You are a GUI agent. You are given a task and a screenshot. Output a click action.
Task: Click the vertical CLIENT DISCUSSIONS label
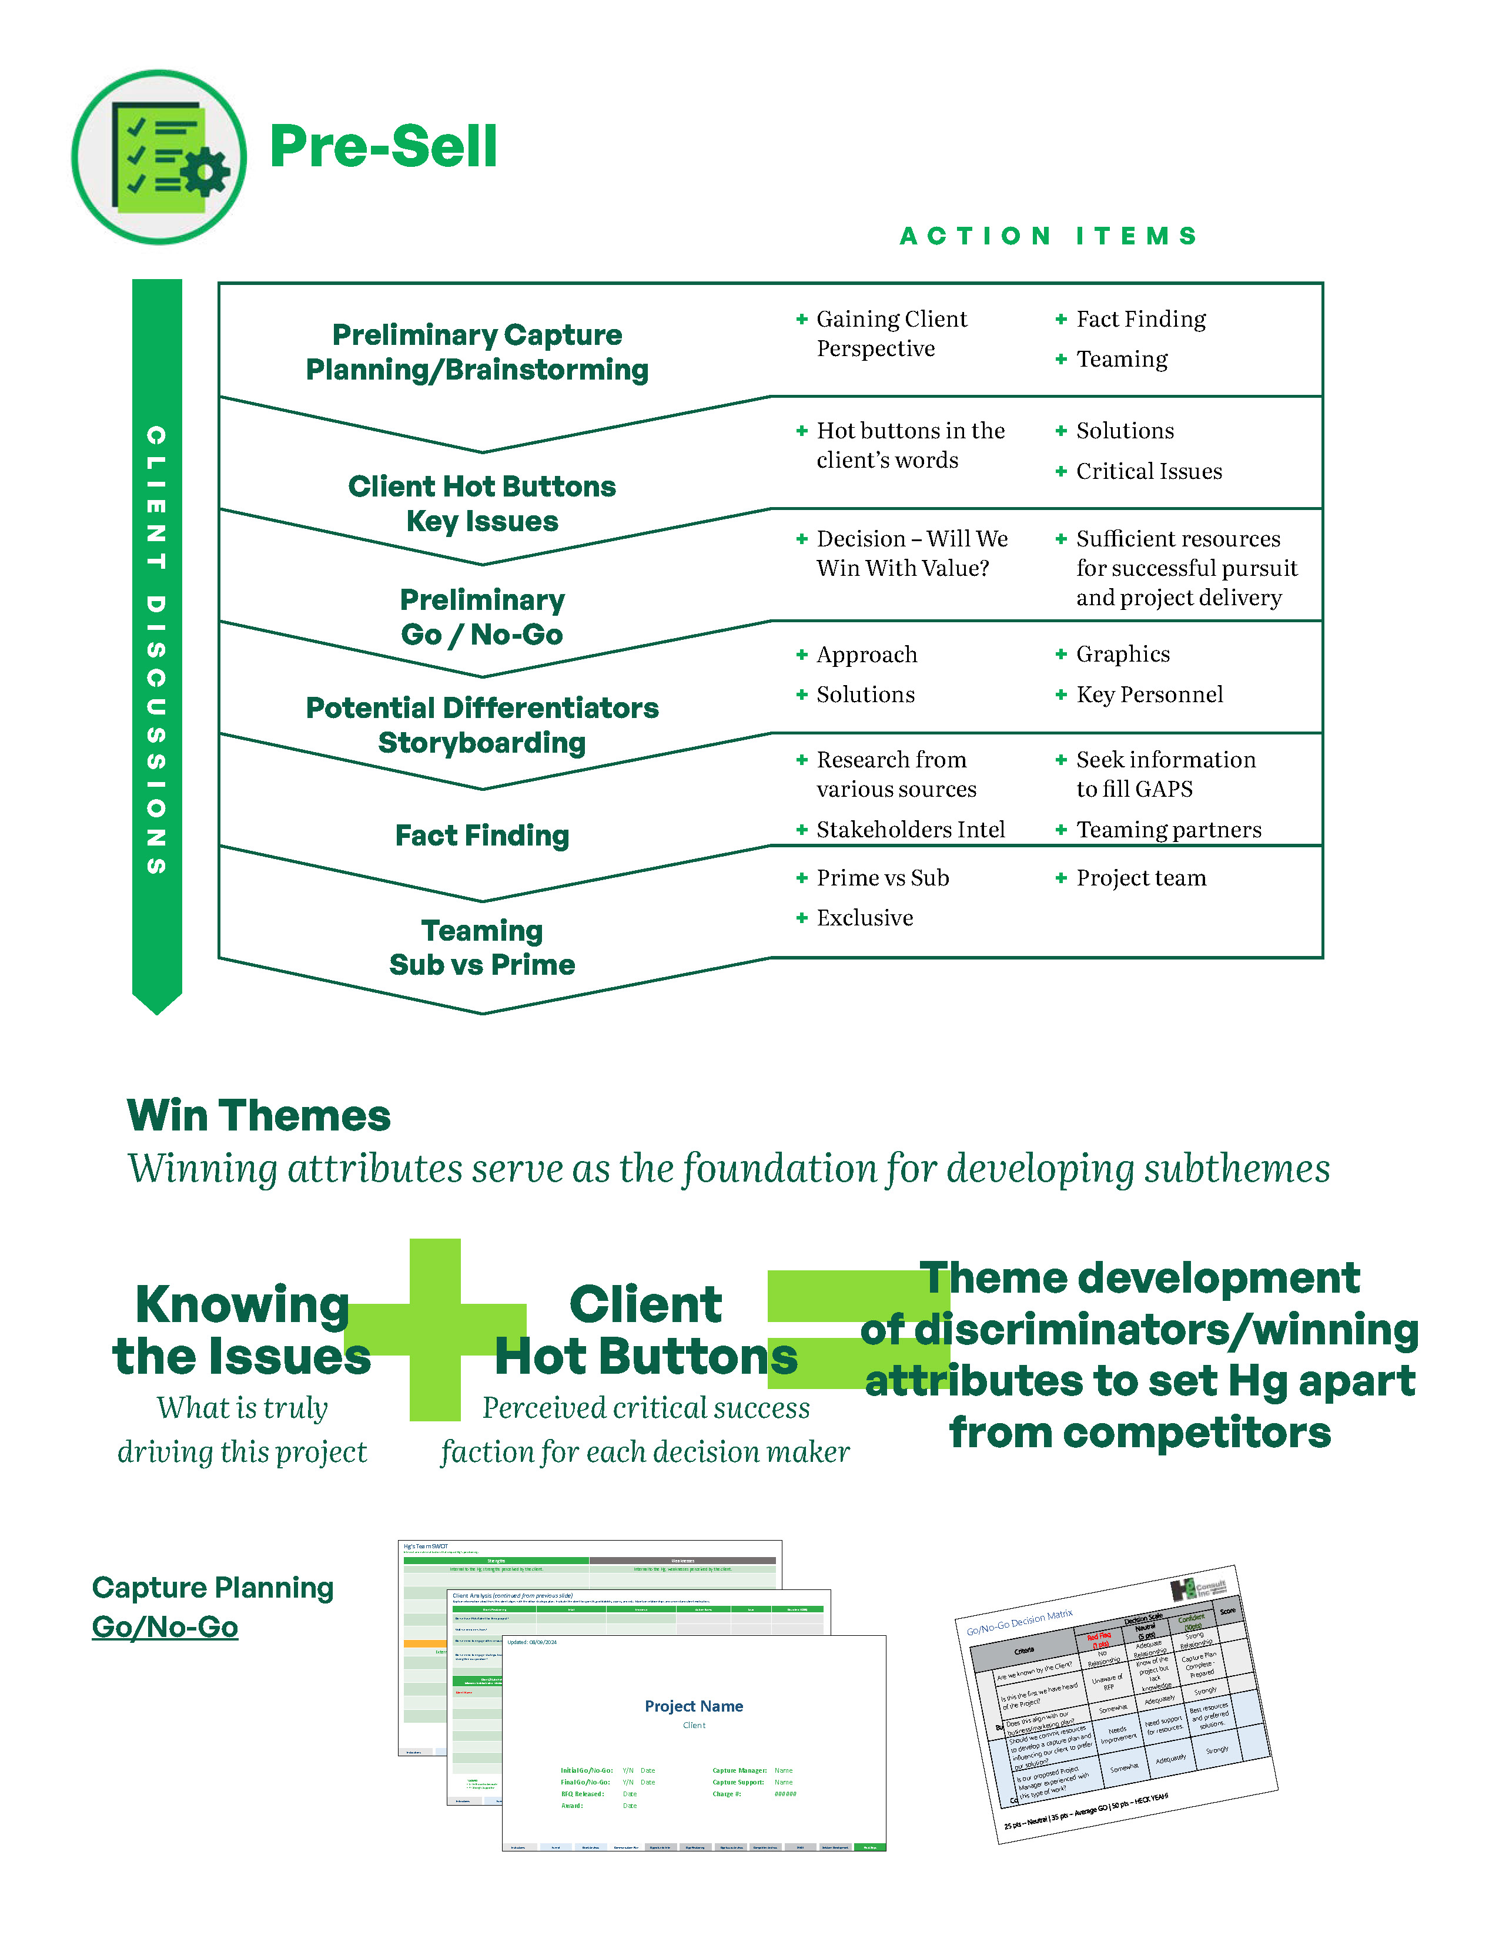157,650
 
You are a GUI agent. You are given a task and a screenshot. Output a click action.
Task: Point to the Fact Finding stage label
482,836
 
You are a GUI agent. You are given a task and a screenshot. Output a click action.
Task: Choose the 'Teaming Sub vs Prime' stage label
482,947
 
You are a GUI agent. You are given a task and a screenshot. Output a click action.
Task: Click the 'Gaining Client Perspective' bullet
891,334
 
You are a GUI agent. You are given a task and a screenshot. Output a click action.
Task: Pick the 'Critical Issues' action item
1148,471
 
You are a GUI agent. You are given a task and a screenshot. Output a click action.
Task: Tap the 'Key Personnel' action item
1149,695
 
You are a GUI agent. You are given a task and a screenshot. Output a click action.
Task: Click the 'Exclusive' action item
864,918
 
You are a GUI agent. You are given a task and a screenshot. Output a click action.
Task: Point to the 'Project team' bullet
1141,878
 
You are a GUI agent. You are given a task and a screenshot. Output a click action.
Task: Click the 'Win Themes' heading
259,1116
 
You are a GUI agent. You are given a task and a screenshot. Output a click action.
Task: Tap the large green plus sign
435,1329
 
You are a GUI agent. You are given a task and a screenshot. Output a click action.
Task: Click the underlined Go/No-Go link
165,1628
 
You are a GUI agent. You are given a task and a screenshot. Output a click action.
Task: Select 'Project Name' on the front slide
694,1706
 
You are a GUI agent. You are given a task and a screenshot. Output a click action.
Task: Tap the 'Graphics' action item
1122,655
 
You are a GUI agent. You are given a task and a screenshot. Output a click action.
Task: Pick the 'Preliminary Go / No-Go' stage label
482,617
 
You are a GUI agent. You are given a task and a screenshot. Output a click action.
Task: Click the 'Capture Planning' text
213,1588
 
